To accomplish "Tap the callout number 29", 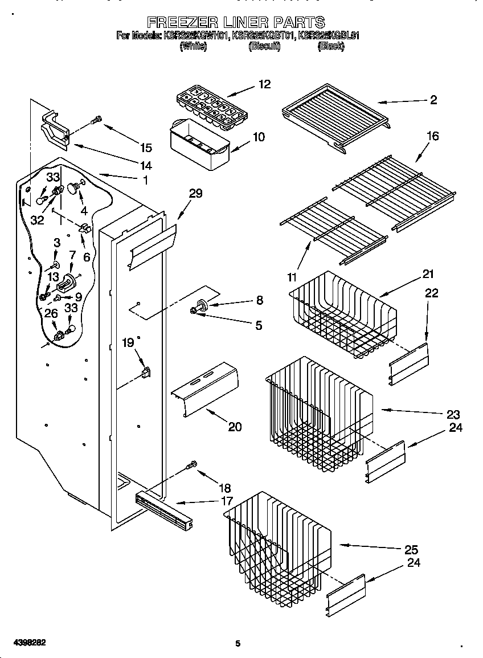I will click(x=195, y=194).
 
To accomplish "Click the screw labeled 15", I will click(x=97, y=121).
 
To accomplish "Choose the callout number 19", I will click(x=128, y=342).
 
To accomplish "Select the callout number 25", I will click(x=411, y=550).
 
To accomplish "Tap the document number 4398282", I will click(x=23, y=642).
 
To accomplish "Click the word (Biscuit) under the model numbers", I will click(x=264, y=47).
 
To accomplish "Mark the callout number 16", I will click(x=432, y=136).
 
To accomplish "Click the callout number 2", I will click(x=433, y=100).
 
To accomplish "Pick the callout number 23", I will click(x=453, y=414).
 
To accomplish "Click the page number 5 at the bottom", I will click(x=238, y=644).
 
